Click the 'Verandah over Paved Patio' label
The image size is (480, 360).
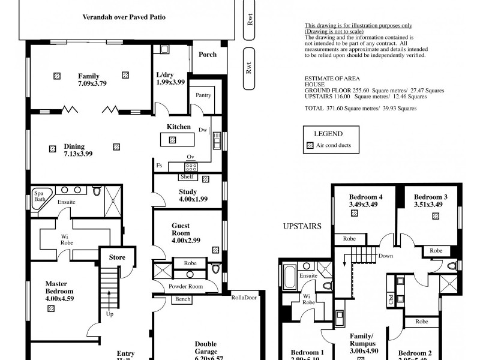[x=124, y=17]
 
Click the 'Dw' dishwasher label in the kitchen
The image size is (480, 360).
[x=203, y=130]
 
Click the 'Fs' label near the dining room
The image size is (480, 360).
[x=158, y=166]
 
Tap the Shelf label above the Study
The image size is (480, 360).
[x=186, y=177]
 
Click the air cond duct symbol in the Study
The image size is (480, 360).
[x=206, y=179]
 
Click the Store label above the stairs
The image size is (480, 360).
[x=117, y=258]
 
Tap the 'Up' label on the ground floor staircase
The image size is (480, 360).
[x=109, y=314]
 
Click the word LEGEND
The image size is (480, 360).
[x=328, y=134]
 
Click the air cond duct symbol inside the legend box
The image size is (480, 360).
[x=310, y=146]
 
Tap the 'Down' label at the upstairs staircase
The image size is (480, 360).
[x=386, y=256]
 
